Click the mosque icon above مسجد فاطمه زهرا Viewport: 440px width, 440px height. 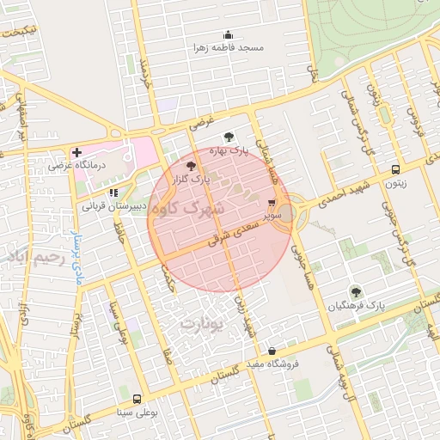(228, 35)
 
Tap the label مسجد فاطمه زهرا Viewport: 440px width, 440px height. (229, 48)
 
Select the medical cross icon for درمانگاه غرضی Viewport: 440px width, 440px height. (76, 151)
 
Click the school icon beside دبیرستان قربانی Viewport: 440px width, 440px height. (113, 192)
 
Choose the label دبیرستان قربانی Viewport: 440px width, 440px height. (110, 206)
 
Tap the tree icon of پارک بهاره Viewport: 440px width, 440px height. (228, 137)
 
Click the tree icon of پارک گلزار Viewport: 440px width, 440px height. (191, 166)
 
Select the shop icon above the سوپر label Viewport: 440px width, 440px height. (272, 204)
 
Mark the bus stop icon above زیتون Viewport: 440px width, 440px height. (394, 169)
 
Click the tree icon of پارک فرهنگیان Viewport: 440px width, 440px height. (355, 292)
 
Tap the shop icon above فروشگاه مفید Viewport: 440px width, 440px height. (272, 351)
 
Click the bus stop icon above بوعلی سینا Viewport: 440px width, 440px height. (137, 400)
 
